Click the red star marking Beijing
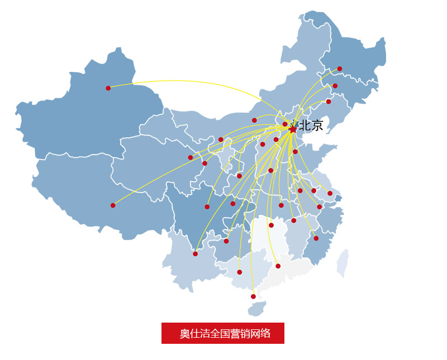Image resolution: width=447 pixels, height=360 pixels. coord(293,129)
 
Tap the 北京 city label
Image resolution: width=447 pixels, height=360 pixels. coord(311,126)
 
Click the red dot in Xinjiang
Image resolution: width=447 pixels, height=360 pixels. coord(108,88)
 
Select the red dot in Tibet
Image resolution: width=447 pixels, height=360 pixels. coord(113,205)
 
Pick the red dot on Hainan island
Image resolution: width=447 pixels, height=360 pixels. coord(253,296)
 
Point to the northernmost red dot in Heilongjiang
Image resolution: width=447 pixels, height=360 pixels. coord(339,69)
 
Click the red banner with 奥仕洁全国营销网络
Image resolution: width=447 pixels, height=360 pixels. coord(223,333)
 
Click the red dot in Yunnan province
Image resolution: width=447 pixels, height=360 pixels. coord(195,254)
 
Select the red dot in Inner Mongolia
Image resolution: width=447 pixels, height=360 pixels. coord(254,120)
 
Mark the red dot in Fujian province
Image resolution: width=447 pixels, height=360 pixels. coord(316,238)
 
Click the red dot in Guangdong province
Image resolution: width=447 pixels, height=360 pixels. coord(278,266)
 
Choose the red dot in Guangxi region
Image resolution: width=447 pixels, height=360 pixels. coord(239,272)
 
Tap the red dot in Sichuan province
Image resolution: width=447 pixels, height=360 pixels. coord(207,207)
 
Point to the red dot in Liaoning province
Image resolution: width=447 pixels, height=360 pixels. coord(329,102)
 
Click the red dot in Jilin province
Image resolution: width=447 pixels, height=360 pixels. coord(335,86)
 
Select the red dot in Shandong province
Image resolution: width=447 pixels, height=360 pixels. coord(295,152)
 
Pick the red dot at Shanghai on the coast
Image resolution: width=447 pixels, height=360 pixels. coord(330,194)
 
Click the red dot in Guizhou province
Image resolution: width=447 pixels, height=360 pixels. coord(226,241)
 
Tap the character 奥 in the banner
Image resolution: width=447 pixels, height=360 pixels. coord(184,334)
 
